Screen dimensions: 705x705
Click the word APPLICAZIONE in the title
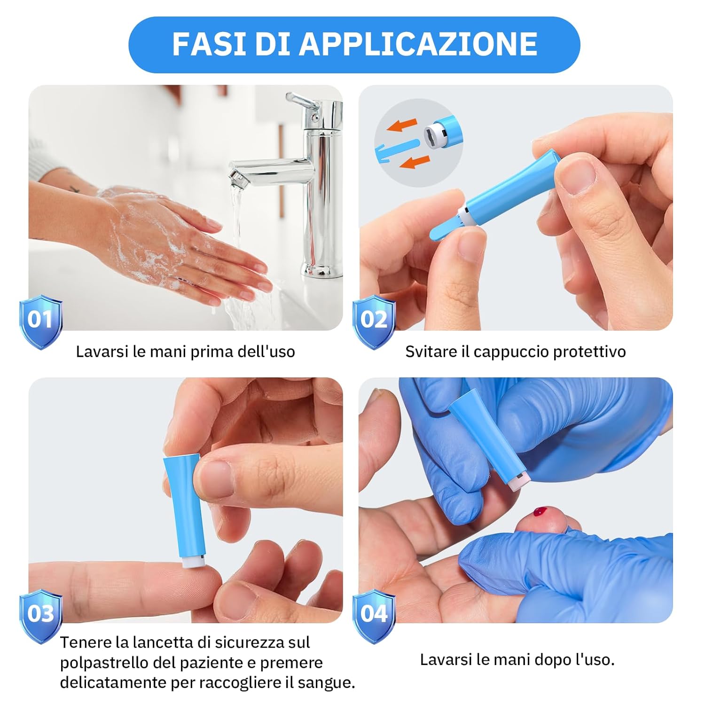coord(418,44)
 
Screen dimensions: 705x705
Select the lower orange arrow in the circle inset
coord(414,162)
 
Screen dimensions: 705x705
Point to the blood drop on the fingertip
coord(541,512)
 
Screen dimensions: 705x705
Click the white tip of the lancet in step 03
coord(193,562)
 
